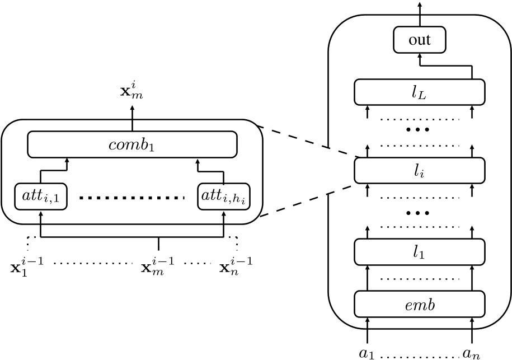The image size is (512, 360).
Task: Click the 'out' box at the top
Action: click(420, 40)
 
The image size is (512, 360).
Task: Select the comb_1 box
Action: click(132, 144)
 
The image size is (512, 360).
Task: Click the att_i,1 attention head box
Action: click(40, 196)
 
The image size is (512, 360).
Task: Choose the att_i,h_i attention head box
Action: click(223, 196)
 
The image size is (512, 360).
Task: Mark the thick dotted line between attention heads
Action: click(132, 197)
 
